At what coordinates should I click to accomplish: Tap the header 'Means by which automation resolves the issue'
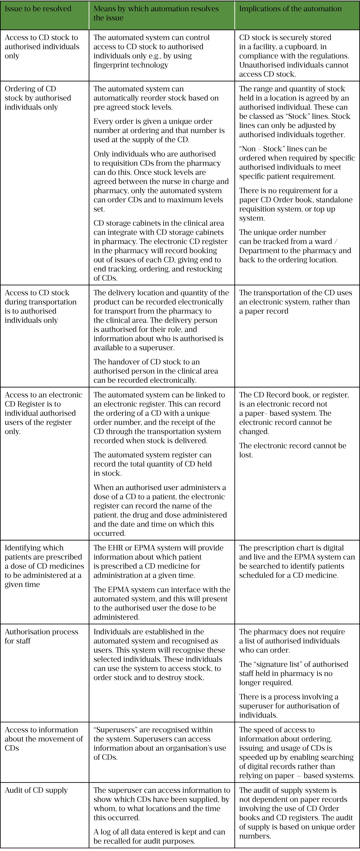point(156,13)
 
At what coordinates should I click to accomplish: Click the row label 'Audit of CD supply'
point(36,790)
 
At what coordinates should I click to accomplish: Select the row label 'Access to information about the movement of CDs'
point(44,739)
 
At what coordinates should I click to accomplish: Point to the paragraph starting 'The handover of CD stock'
point(156,371)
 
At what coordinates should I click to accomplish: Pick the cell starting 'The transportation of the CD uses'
point(295,302)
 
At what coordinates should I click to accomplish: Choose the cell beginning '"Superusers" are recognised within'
point(160,743)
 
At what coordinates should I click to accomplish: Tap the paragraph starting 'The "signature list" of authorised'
point(293,674)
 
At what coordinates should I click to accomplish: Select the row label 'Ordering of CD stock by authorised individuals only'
point(38,98)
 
